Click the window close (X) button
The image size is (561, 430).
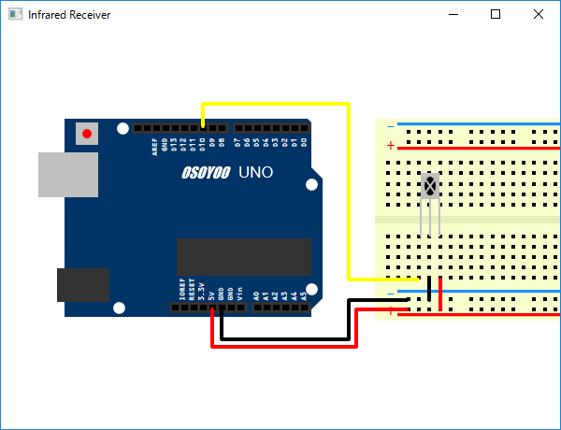tap(539, 14)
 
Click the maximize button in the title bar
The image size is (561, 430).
tap(496, 14)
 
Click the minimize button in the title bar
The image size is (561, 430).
tap(453, 14)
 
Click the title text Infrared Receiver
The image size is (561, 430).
tap(69, 15)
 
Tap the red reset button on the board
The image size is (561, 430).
tap(87, 134)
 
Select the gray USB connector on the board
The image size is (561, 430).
tap(67, 175)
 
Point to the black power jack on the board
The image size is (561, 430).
tap(83, 284)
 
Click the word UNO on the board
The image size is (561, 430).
tap(255, 173)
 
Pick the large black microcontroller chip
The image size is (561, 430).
tap(243, 257)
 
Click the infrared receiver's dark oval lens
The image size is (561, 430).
tap(429, 186)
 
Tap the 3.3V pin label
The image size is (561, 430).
tap(202, 290)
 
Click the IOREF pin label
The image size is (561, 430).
tap(182, 288)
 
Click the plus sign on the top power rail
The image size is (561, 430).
tap(391, 146)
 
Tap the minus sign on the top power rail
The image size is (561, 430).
tap(391, 125)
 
